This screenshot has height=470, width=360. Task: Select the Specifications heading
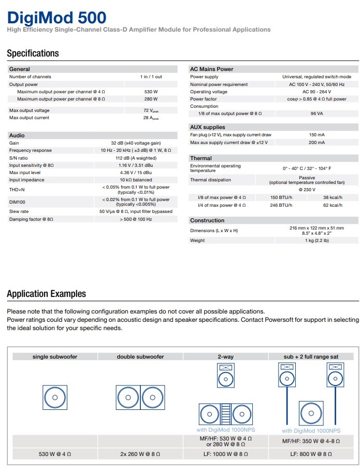coord(33,53)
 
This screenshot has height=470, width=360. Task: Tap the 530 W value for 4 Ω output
coord(151,92)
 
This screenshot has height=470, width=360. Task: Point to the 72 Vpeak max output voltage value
coord(151,110)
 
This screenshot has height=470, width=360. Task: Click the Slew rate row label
coord(19,211)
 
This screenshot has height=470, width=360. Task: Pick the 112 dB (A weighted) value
coord(136,158)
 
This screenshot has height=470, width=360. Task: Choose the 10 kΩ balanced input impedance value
coord(136,180)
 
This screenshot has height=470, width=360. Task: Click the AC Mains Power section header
coord(212,69)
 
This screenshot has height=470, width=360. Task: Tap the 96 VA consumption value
coord(316,113)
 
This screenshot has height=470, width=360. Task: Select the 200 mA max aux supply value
coord(316,143)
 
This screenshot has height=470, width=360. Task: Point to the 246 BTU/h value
coord(281,205)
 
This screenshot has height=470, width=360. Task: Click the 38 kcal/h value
coord(333,197)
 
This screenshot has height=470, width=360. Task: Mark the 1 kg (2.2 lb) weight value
coord(316,240)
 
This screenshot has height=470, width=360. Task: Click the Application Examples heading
coord(47,294)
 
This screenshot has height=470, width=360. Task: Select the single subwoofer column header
coord(55,357)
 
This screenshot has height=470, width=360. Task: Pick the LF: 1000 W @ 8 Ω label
coord(226,454)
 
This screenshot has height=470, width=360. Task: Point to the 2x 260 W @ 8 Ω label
coord(140,454)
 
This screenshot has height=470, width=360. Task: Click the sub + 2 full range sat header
coord(311,357)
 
